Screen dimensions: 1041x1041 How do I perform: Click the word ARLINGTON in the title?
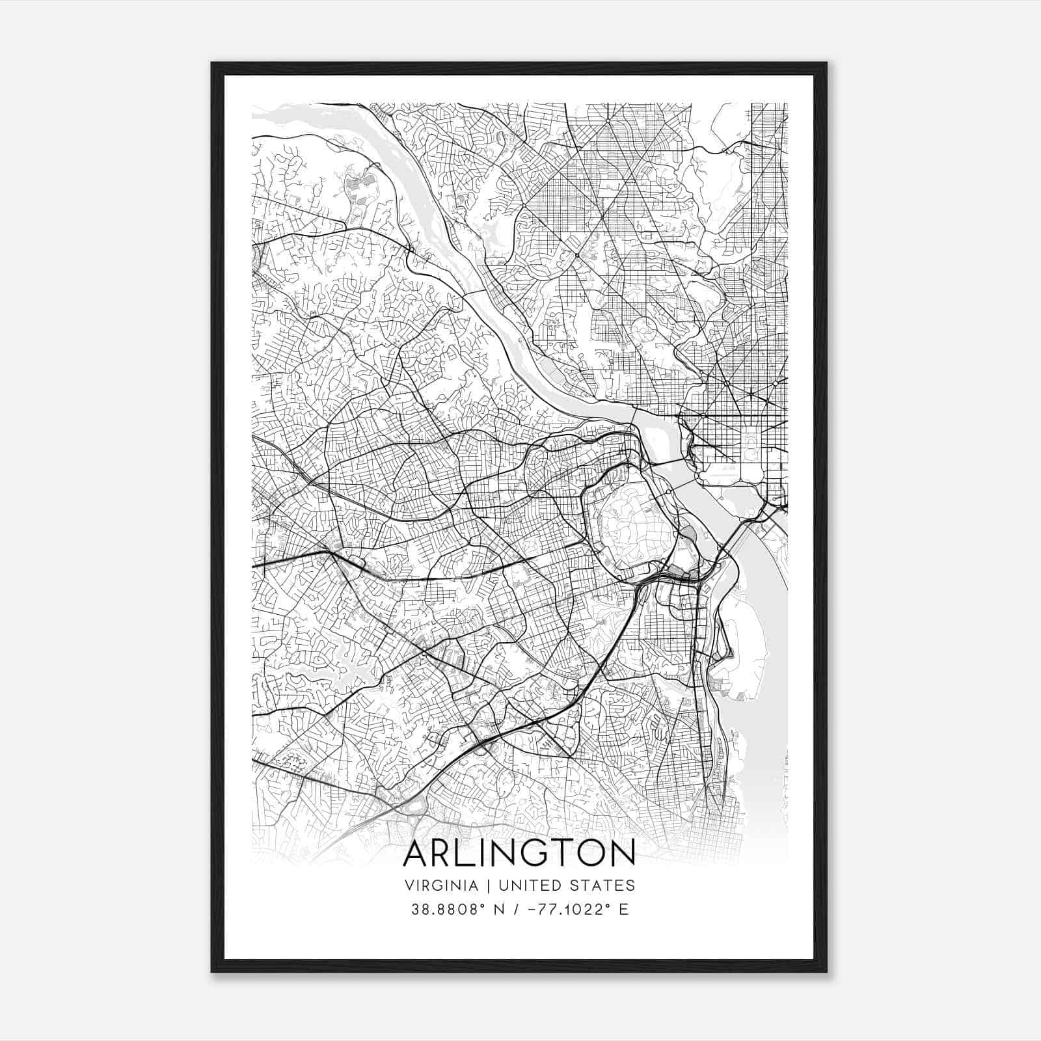(519, 854)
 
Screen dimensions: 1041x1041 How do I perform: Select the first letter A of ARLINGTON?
(415, 854)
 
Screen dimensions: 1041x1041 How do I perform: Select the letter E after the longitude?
(623, 910)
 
